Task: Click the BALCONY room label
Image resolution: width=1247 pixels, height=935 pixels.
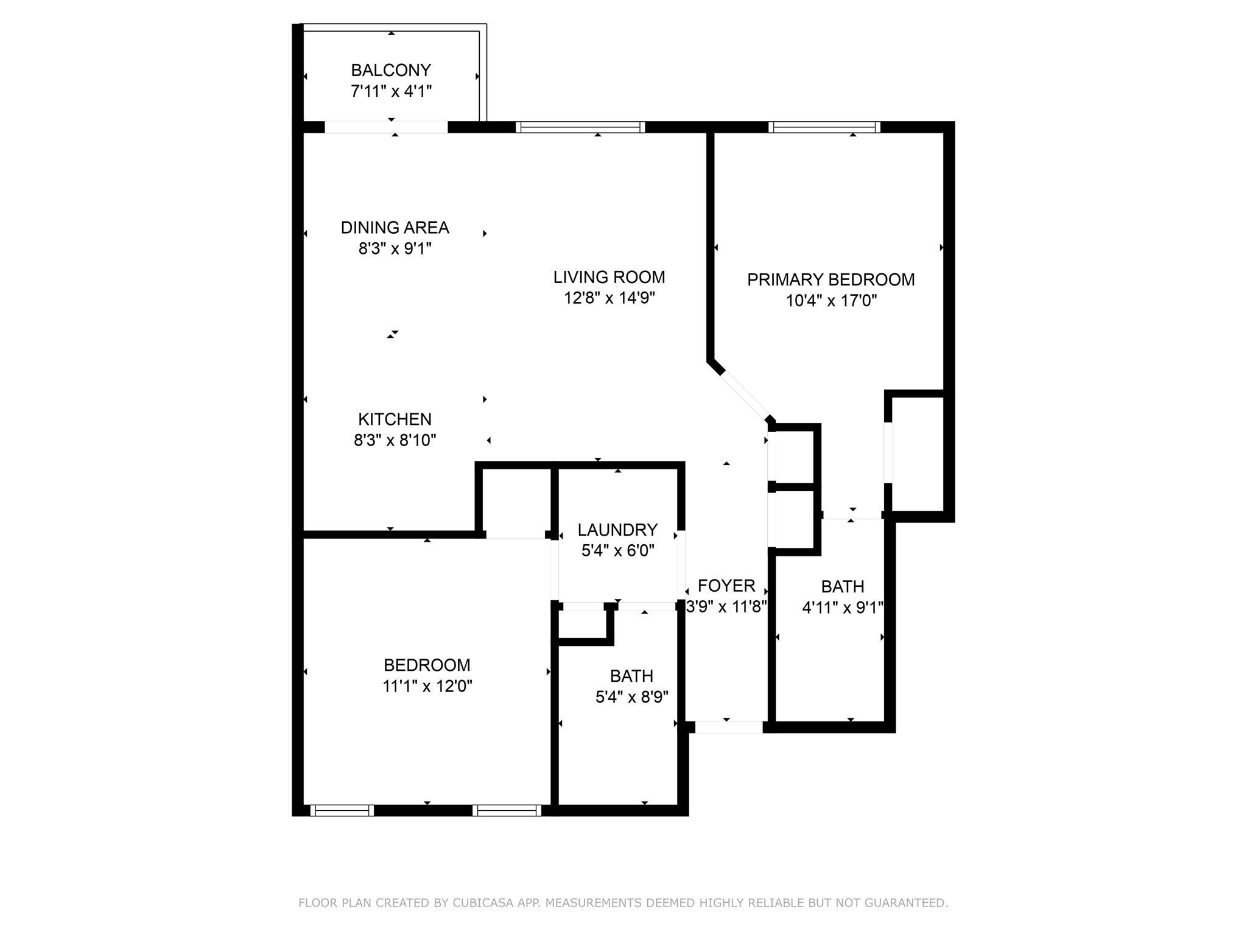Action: pyautogui.click(x=391, y=70)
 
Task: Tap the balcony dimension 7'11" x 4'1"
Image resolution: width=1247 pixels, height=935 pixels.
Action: pyautogui.click(x=391, y=91)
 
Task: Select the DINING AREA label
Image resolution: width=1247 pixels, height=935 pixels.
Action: pyautogui.click(x=395, y=228)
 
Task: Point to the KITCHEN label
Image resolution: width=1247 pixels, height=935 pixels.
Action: pyautogui.click(x=395, y=419)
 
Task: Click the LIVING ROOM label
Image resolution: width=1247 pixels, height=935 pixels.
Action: pyautogui.click(x=609, y=278)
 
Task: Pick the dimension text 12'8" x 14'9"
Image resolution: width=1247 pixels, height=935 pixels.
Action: pyautogui.click(x=609, y=298)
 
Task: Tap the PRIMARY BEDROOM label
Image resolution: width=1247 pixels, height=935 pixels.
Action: pyautogui.click(x=831, y=280)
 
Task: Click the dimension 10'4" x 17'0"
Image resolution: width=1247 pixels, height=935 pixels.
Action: pyautogui.click(x=831, y=301)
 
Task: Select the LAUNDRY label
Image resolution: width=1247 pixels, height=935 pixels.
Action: pyautogui.click(x=617, y=530)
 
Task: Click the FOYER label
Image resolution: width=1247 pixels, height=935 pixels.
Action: pyautogui.click(x=726, y=586)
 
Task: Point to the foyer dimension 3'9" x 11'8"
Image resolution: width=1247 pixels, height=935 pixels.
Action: pyautogui.click(x=726, y=607)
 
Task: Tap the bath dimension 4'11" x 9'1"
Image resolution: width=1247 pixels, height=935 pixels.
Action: pyautogui.click(x=843, y=608)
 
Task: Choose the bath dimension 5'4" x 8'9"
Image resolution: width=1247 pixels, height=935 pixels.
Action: pyautogui.click(x=632, y=697)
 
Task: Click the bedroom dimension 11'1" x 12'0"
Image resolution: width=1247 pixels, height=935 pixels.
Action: pyautogui.click(x=427, y=686)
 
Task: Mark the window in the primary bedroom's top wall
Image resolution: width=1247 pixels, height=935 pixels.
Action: pyautogui.click(x=824, y=127)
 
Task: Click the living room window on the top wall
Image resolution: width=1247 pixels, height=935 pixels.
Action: pyautogui.click(x=580, y=127)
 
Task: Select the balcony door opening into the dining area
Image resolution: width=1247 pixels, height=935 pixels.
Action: pyautogui.click(x=386, y=127)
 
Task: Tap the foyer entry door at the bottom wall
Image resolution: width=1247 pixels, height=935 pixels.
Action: pyautogui.click(x=729, y=727)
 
